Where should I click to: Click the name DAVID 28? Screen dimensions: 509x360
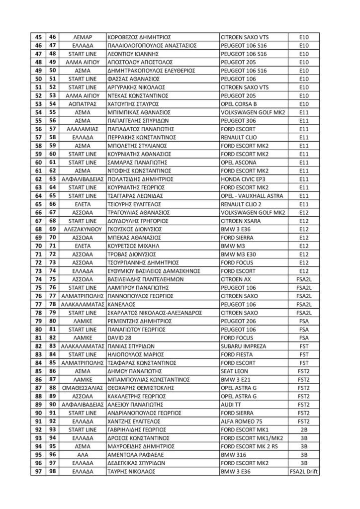pyautogui.click(x=120, y=338)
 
